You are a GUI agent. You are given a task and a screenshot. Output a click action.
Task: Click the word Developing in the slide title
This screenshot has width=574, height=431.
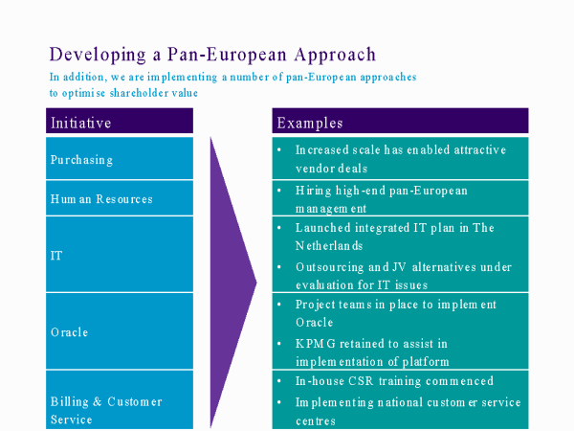(98, 55)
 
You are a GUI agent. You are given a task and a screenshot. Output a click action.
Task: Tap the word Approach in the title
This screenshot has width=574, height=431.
(335, 55)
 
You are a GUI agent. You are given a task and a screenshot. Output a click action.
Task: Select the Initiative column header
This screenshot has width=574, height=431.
(81, 123)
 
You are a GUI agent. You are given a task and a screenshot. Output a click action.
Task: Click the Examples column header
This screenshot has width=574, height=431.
(310, 124)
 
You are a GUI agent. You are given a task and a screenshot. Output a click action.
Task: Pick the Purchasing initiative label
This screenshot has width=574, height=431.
(81, 160)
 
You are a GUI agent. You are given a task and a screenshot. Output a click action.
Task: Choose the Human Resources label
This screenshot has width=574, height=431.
(101, 199)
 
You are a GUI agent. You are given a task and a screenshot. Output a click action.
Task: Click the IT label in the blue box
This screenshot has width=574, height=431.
(56, 256)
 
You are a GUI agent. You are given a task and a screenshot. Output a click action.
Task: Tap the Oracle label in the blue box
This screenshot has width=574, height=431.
(70, 332)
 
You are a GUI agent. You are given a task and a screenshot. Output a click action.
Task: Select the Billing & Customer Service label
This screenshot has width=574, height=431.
(106, 410)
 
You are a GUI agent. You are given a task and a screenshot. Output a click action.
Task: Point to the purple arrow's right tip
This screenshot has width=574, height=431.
(256, 283)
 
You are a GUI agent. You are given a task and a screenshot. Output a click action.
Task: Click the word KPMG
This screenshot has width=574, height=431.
(315, 344)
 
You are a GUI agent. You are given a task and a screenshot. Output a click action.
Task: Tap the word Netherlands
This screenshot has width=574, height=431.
(329, 245)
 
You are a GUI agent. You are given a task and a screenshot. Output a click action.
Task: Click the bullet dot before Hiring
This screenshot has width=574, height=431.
(279, 191)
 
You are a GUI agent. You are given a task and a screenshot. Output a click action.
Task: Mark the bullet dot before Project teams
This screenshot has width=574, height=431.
(279, 305)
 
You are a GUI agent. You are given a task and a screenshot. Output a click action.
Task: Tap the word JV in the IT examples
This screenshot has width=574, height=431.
(399, 267)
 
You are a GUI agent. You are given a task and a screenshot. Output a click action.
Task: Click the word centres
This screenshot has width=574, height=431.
(316, 421)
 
